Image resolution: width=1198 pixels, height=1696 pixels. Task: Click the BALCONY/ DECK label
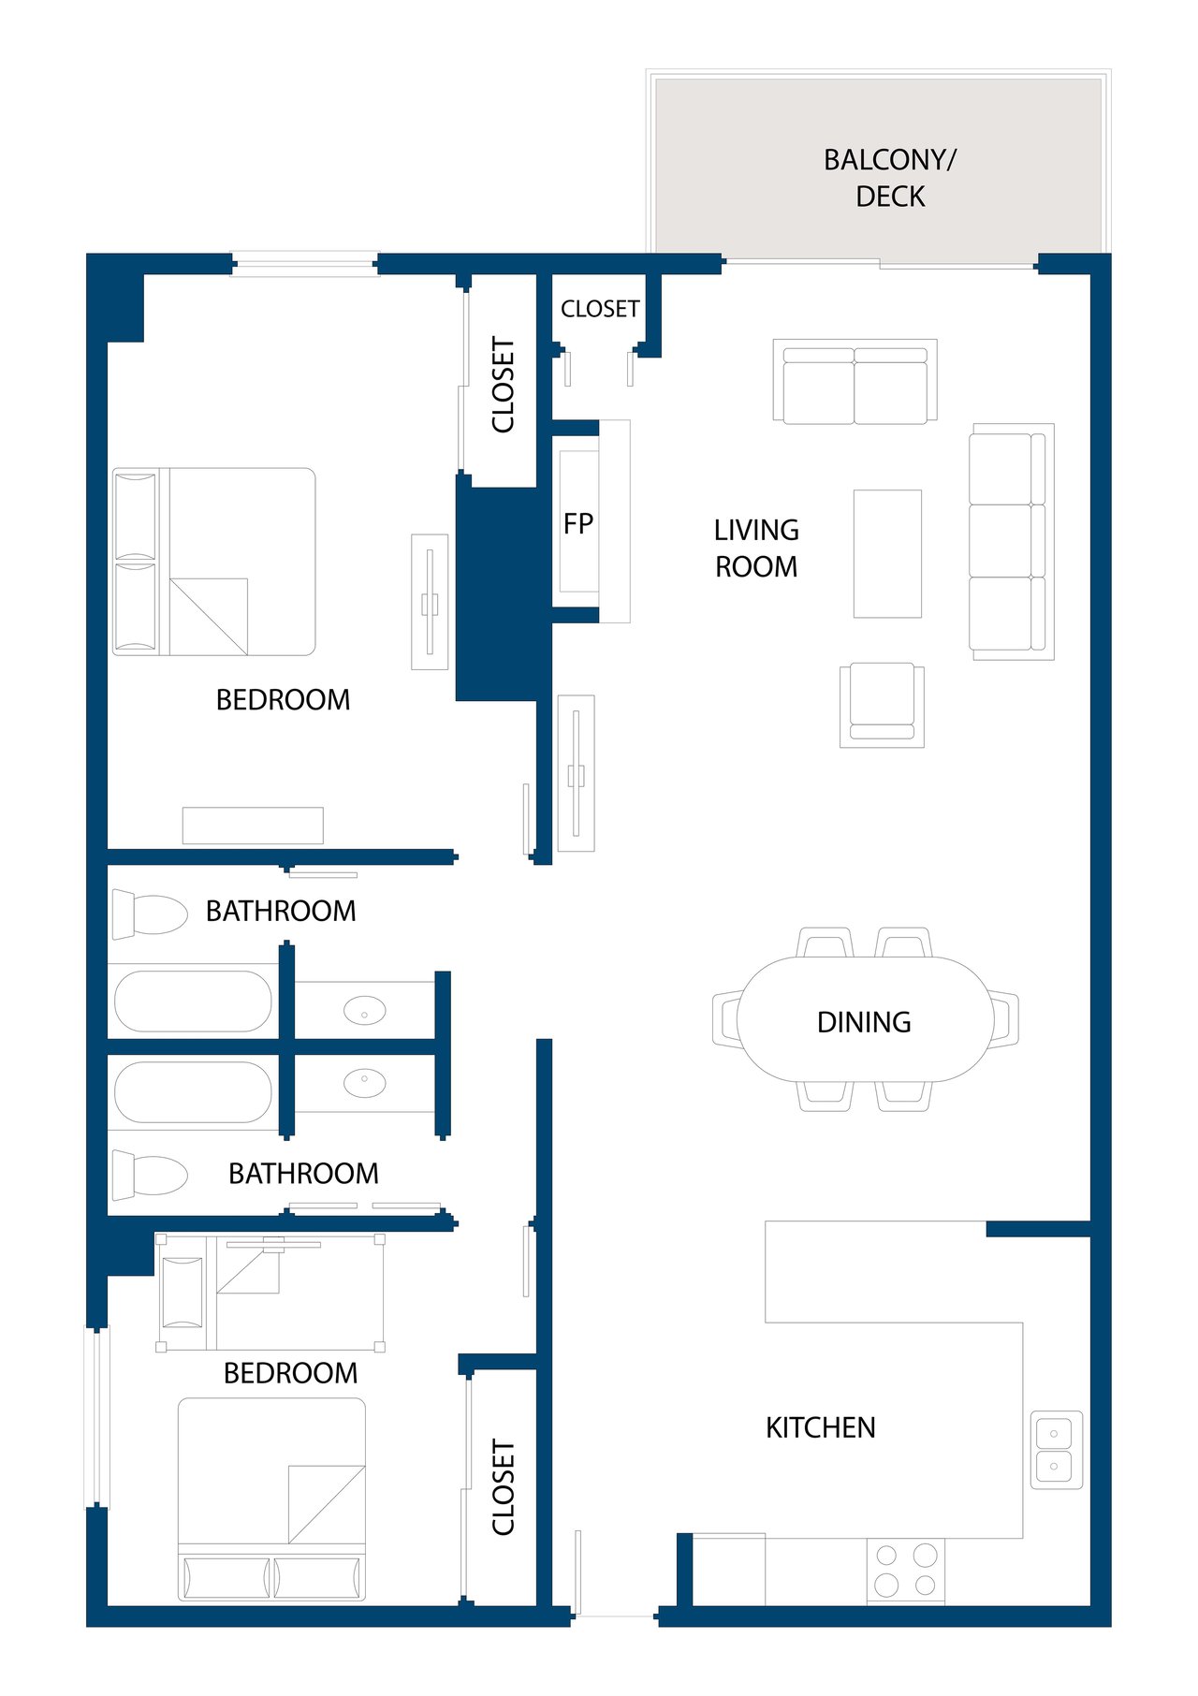tap(890, 178)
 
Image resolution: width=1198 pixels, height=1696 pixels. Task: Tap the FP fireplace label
tap(578, 523)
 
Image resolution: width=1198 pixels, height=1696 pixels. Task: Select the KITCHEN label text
tap(821, 1427)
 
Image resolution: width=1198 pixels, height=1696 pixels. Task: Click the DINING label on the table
tap(864, 1022)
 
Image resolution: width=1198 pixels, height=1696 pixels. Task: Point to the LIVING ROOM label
tap(756, 548)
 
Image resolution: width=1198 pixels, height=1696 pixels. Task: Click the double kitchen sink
tap(1057, 1450)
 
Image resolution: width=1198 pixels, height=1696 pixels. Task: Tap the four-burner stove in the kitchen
tap(905, 1570)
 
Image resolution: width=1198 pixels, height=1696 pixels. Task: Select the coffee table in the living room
tap(887, 554)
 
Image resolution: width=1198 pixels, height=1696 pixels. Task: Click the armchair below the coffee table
tap(882, 705)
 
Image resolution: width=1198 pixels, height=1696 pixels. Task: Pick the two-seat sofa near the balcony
tap(855, 382)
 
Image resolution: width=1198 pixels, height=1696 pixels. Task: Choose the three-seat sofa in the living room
tap(1012, 542)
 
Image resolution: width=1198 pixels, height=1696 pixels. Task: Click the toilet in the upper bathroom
tap(150, 914)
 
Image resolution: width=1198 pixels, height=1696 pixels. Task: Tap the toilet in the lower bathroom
tap(150, 1176)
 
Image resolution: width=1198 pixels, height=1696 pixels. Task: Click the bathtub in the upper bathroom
tap(193, 1002)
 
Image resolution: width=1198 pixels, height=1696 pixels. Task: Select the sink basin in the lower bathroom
tap(364, 1083)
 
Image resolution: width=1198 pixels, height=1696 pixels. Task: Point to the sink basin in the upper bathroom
tap(364, 1011)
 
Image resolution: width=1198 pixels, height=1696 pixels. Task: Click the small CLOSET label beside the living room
tap(600, 309)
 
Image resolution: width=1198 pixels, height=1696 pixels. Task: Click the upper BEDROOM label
tap(283, 700)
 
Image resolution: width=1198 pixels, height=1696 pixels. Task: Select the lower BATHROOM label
tap(303, 1174)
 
